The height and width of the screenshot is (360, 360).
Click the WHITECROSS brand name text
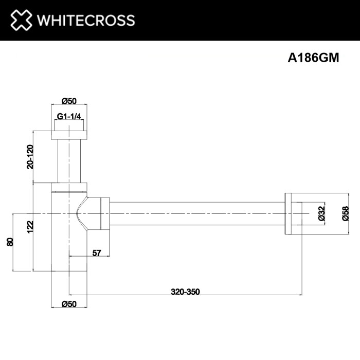(85, 20)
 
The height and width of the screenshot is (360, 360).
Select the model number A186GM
(313, 58)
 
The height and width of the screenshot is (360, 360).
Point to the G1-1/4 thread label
(69, 117)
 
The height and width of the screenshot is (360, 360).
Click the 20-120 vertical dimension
(30, 156)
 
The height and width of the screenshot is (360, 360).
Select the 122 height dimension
(30, 226)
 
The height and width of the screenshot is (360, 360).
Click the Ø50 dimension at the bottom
(69, 304)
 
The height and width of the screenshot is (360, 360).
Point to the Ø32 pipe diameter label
(321, 213)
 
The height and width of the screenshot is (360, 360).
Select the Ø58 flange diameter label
(345, 213)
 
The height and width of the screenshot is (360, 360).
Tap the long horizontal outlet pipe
(195, 213)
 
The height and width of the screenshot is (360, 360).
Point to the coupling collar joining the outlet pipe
(105, 213)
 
